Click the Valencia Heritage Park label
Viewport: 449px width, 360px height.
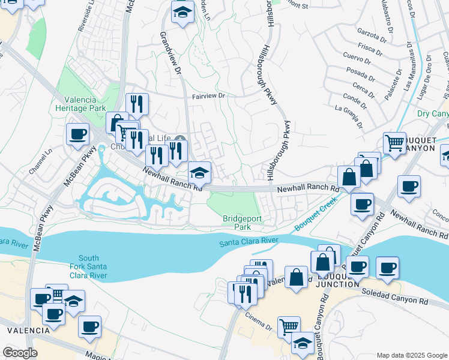[76, 104]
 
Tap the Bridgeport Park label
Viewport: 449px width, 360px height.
[242, 223]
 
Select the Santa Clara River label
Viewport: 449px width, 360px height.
[248, 241]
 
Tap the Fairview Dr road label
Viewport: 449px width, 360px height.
[208, 95]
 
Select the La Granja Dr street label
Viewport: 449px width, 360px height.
[349, 116]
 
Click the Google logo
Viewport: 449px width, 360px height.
[20, 353]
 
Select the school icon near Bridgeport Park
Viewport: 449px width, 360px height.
[199, 173]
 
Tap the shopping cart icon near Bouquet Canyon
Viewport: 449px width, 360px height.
[394, 143]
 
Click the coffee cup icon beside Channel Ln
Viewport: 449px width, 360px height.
[77, 134]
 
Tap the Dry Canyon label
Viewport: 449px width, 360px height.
[432, 113]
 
